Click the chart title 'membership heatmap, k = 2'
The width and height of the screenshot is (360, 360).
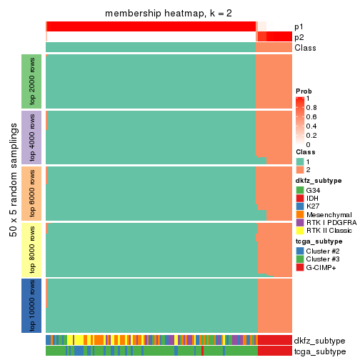tap(169, 14)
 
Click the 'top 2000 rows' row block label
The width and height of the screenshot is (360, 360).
tap(32, 81)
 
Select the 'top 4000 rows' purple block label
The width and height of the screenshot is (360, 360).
tap(32, 137)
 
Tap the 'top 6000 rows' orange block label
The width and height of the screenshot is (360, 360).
tap(32, 193)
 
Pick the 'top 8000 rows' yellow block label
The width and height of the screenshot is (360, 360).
tap(32, 249)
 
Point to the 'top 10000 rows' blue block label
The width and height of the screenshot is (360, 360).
tap(32, 305)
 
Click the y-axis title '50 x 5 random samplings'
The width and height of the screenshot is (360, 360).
tap(12, 193)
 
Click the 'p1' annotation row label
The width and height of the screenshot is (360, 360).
tap(299, 26)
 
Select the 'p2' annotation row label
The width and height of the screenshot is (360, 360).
tap(299, 37)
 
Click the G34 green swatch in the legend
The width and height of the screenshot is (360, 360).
tap(300, 191)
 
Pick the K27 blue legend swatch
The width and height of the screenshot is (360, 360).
tap(300, 207)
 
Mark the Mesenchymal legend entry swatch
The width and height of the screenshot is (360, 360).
tap(300, 215)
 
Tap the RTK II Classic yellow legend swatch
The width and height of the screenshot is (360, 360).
tap(300, 231)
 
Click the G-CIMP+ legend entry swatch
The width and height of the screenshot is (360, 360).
tap(300, 267)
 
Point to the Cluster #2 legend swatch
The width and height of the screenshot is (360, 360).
tap(300, 251)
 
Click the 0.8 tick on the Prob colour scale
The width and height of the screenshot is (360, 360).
tap(312, 108)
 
